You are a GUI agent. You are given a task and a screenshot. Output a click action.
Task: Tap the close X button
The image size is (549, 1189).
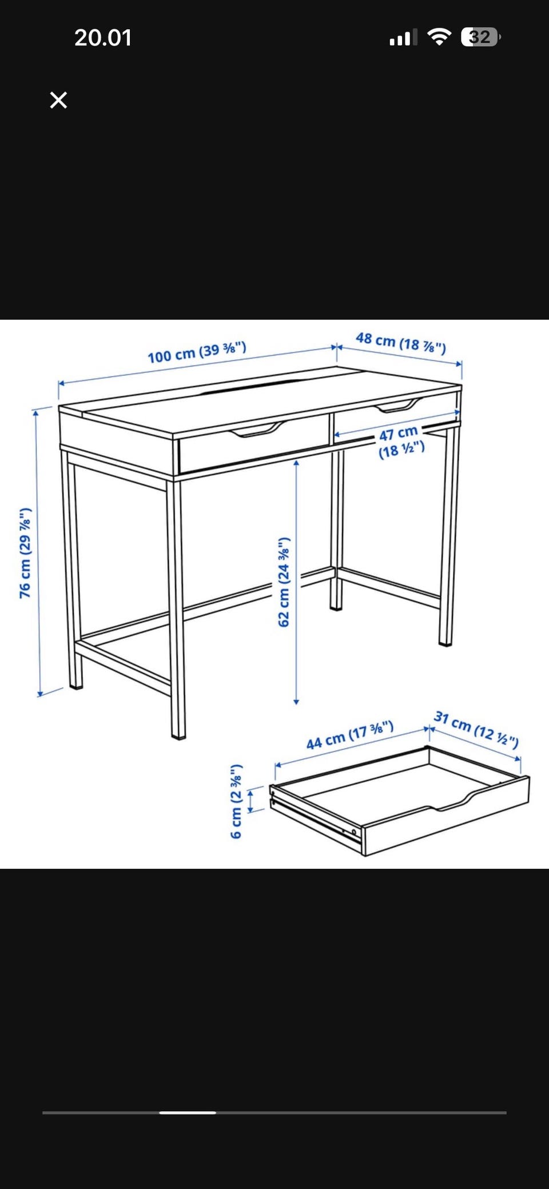point(58,100)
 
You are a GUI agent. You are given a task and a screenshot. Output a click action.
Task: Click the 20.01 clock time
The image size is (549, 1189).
point(103,38)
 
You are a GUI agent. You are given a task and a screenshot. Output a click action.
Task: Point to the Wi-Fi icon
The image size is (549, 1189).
point(439,37)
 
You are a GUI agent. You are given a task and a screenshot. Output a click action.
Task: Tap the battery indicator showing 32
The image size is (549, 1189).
point(481,37)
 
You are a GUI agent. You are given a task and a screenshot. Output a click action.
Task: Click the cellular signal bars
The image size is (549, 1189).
point(403,38)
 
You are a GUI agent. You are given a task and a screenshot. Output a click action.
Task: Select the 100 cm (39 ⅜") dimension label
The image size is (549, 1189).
point(197,352)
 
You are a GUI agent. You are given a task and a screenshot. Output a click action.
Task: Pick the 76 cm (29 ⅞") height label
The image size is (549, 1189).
point(25,553)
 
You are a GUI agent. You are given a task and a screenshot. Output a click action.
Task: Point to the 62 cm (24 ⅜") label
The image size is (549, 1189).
point(284,582)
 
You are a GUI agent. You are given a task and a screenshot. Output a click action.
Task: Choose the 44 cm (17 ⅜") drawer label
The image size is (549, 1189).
point(350,735)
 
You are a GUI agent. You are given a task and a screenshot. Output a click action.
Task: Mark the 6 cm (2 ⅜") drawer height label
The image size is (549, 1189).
point(236,801)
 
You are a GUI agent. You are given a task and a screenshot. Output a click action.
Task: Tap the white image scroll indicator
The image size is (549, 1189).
point(188,1112)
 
